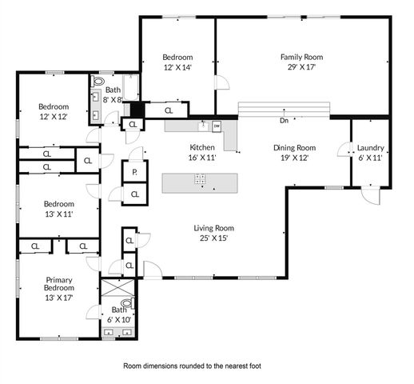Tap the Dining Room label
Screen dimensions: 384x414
(x=295, y=147)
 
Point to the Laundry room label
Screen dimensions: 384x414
(x=370, y=147)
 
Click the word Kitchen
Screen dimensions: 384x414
(x=201, y=147)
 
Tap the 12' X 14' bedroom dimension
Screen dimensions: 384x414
(x=177, y=68)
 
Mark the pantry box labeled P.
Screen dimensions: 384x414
(x=133, y=172)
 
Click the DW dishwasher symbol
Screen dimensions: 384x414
(x=216, y=126)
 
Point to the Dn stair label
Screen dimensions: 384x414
(x=284, y=122)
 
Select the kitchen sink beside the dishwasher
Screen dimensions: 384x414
(x=203, y=126)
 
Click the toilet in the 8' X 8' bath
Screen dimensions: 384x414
(x=99, y=82)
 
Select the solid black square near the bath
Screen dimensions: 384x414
(x=135, y=110)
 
